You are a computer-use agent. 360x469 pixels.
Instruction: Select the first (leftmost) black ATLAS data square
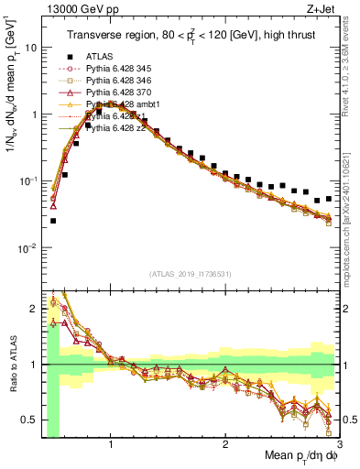(53, 221)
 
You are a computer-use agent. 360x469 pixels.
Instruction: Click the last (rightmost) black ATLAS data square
(328, 198)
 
